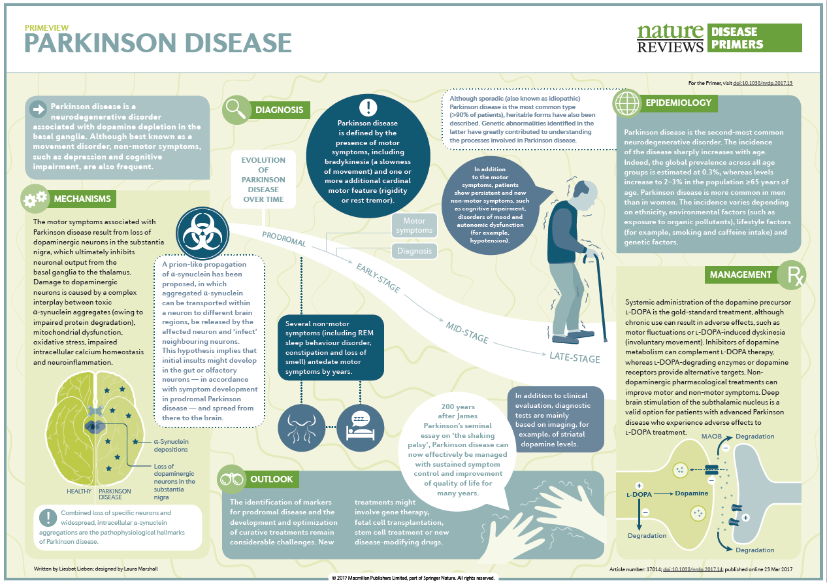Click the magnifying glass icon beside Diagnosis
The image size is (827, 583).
[x=236, y=110]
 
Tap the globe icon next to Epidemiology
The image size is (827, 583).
[x=626, y=103]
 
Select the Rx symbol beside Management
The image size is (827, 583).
[x=792, y=275]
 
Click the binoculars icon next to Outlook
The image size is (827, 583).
[x=231, y=479]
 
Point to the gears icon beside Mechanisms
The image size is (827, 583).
[x=35, y=199]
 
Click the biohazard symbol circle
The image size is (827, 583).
[x=203, y=233]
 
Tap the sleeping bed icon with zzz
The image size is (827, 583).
[x=361, y=428]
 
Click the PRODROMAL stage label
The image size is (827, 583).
[x=284, y=239]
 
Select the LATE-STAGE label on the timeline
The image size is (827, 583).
[x=574, y=358]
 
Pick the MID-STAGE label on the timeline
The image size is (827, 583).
[x=467, y=333]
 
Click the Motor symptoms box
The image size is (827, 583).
[x=414, y=225]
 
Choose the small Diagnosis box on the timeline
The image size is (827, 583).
[x=414, y=251]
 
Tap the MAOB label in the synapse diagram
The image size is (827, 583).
[x=711, y=437]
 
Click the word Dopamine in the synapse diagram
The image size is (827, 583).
[x=692, y=493]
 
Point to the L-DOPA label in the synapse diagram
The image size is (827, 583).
[x=639, y=494]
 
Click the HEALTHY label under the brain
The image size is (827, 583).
[x=79, y=491]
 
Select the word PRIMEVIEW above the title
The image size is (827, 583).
[x=47, y=27]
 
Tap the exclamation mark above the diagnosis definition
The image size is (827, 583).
[x=368, y=107]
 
